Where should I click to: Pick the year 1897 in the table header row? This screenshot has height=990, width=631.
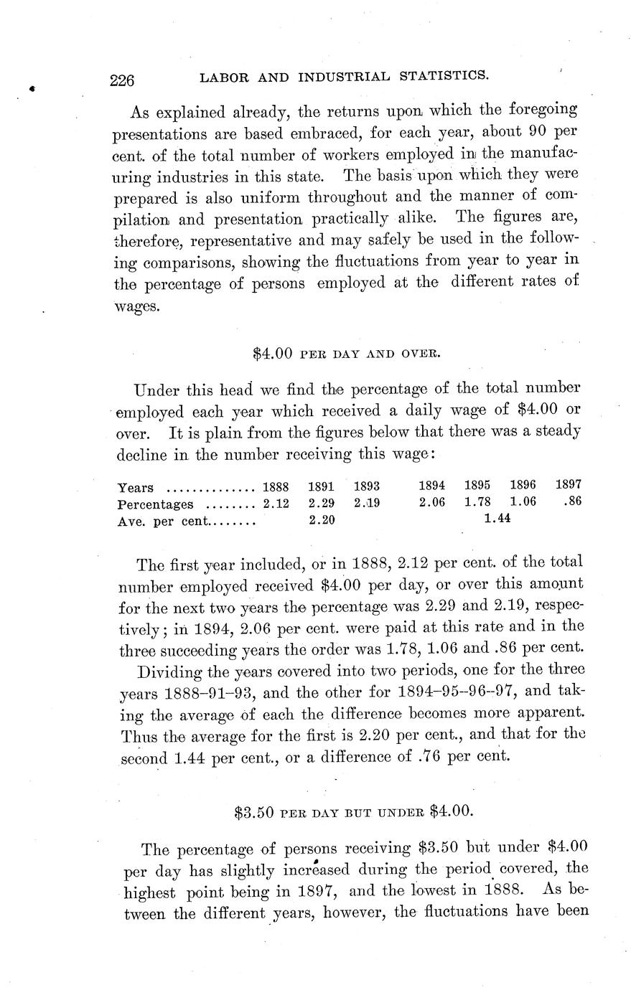568,484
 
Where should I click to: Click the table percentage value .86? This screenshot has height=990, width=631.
572,501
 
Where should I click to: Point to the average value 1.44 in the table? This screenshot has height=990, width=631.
497,519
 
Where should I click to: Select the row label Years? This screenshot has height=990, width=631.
134,487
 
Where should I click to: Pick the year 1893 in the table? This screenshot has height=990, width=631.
366,486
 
